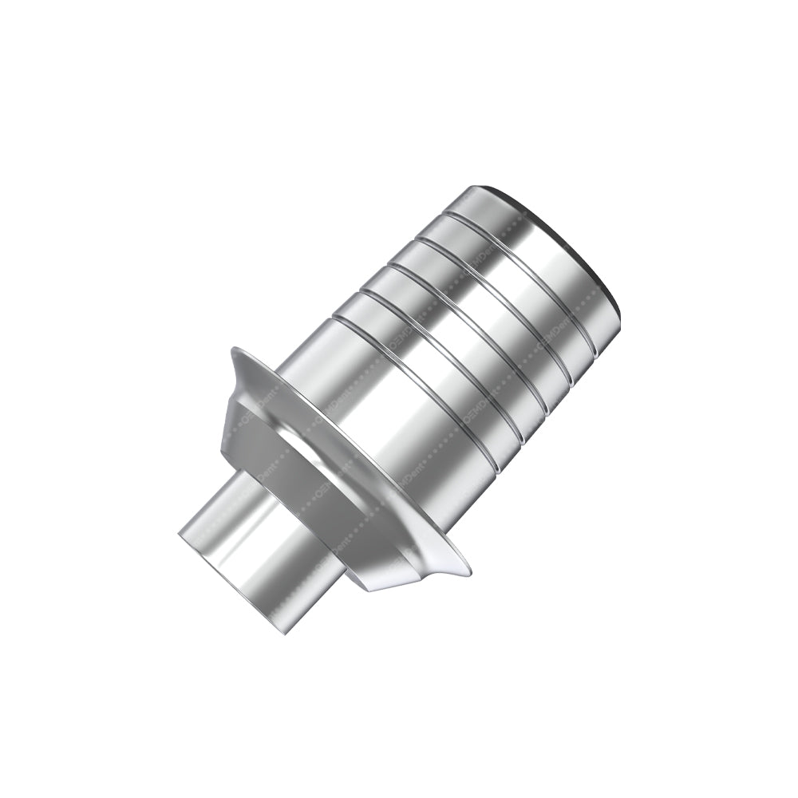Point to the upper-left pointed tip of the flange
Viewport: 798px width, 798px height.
tap(233, 351)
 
